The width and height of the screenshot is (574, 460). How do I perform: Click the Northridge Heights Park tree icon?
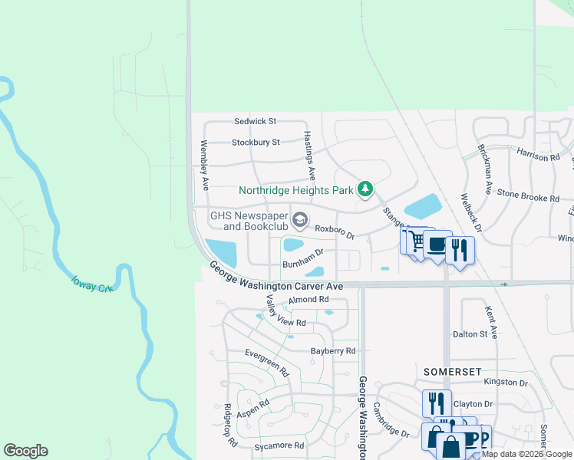click(366, 189)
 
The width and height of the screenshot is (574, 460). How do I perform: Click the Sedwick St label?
click(255, 121)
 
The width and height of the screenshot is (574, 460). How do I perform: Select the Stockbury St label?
click(256, 142)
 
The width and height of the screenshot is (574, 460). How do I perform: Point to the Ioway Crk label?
click(94, 284)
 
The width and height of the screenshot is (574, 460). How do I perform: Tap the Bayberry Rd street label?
click(333, 351)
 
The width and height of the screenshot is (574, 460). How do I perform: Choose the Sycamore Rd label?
click(279, 445)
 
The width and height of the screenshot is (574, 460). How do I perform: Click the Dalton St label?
click(470, 334)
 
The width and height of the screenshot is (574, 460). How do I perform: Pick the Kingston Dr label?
click(506, 383)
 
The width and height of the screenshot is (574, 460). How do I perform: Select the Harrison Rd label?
click(538, 156)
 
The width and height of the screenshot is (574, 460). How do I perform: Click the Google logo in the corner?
click(26, 451)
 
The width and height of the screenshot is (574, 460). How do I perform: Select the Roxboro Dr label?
click(335, 231)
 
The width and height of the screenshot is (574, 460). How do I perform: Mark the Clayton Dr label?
click(472, 404)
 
